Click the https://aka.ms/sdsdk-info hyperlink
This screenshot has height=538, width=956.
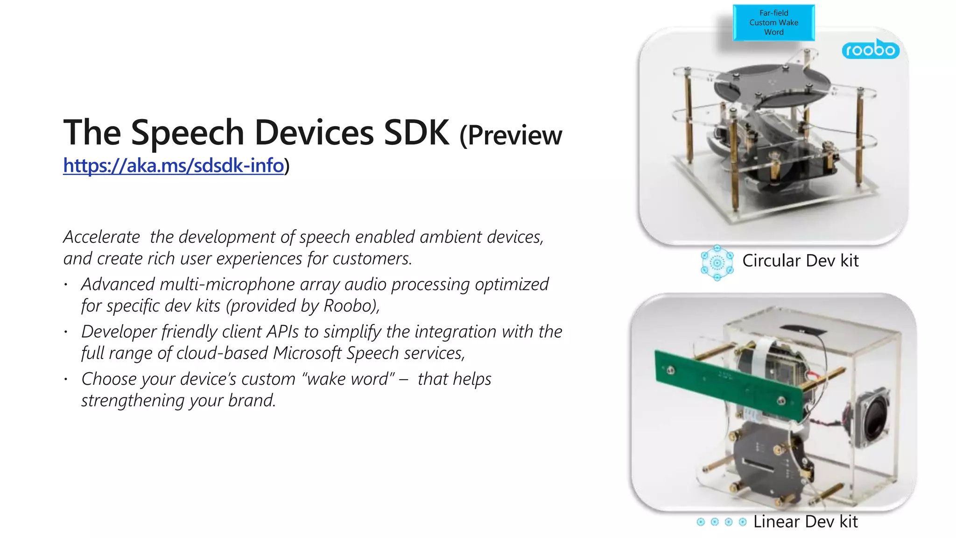click(173, 166)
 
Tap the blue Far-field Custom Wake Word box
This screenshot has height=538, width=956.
click(773, 23)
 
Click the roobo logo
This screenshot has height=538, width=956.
click(871, 50)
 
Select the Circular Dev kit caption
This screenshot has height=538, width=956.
click(800, 261)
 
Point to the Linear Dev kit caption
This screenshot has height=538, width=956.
click(805, 522)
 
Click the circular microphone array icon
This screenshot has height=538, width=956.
click(717, 263)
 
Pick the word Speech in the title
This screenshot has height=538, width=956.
click(188, 133)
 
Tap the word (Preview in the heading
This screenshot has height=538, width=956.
click(511, 135)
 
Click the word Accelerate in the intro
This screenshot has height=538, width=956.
click(102, 237)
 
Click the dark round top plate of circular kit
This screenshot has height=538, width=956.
click(773, 84)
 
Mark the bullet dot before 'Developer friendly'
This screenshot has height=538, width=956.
click(66, 332)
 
